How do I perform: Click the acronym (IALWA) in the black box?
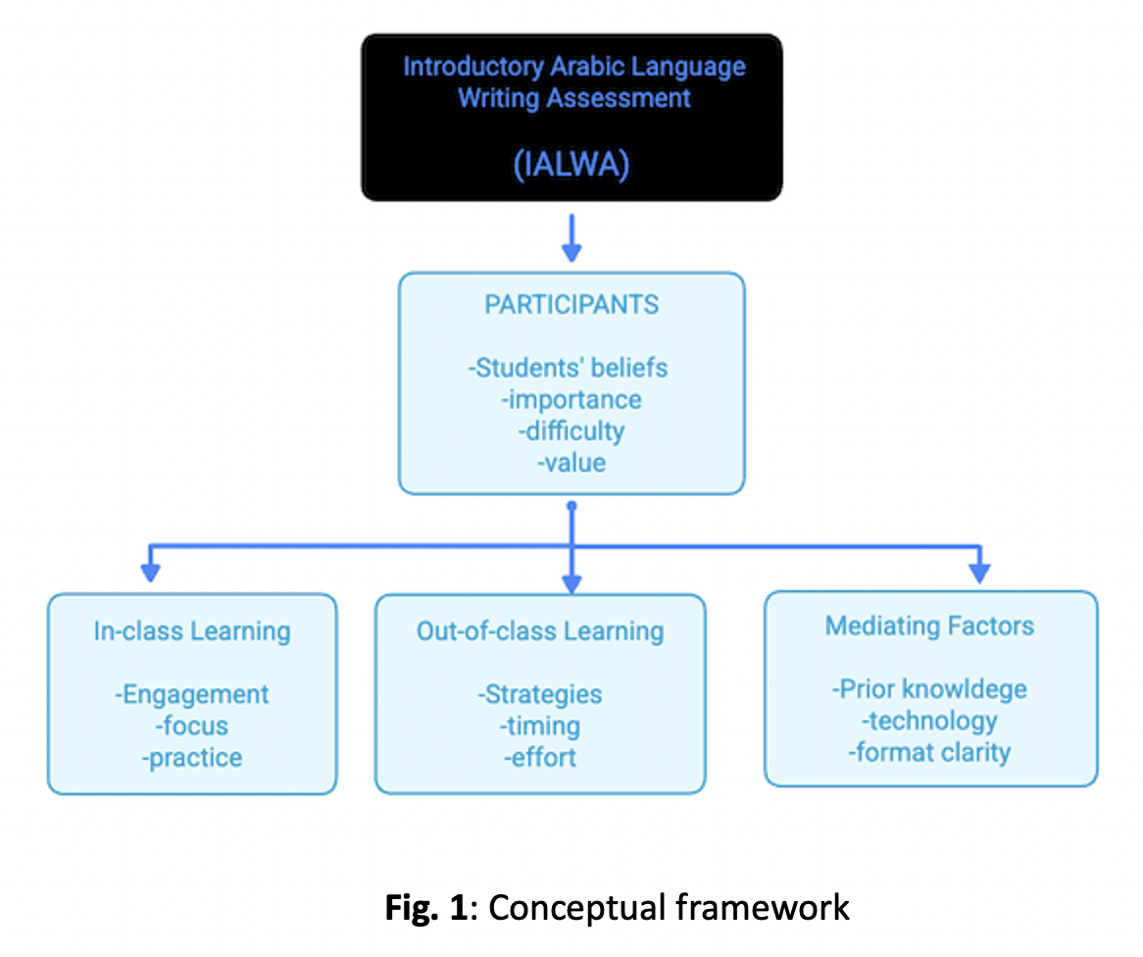(571, 166)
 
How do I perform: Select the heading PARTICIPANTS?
(571, 304)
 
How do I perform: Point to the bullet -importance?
(571, 399)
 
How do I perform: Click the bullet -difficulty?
(571, 430)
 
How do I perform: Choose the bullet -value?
(571, 461)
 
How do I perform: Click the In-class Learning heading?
(192, 630)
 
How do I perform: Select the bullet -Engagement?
(192, 694)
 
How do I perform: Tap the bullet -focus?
(192, 726)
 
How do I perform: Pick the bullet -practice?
(192, 758)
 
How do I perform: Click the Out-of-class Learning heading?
(540, 630)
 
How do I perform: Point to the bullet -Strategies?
(540, 694)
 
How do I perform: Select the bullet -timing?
(540, 726)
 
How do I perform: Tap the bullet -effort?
(540, 758)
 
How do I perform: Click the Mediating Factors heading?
(929, 626)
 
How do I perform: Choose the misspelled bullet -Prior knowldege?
(929, 688)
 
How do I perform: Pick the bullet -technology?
(929, 721)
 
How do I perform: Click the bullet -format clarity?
(929, 752)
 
